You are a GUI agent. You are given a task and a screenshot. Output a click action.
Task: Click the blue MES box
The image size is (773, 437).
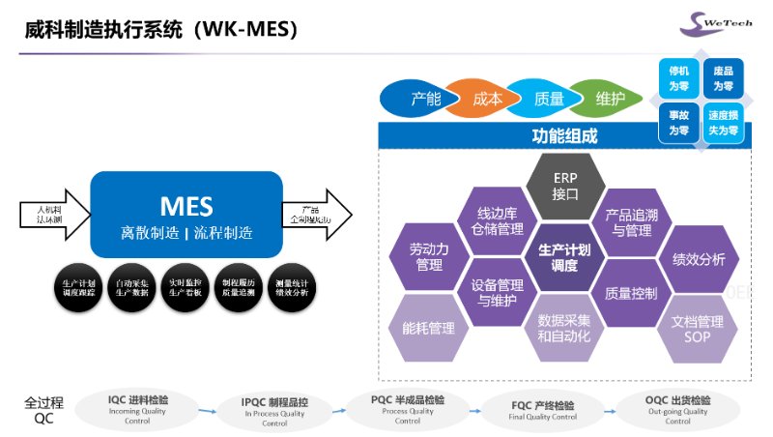click(186, 215)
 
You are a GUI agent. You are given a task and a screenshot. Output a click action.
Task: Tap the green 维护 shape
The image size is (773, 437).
click(611, 98)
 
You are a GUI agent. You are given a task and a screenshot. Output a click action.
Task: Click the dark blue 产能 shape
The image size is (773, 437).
click(423, 98)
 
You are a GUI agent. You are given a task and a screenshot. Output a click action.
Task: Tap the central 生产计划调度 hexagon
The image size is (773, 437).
click(564, 255)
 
